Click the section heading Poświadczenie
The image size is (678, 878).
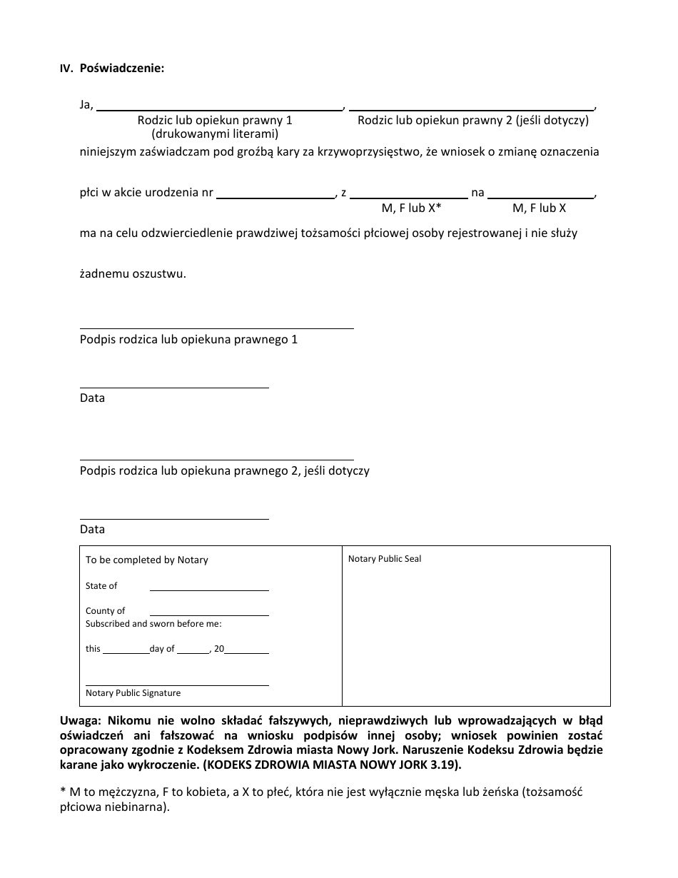pos(122,69)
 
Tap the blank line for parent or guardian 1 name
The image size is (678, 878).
pos(219,109)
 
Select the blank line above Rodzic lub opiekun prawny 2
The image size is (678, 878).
pos(472,109)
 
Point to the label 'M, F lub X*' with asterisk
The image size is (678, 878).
pos(412,208)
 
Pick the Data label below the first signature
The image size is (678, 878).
pos(92,398)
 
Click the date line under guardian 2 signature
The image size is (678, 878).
pos(174,518)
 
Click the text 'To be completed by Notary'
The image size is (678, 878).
pos(147,560)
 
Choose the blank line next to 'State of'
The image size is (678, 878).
pos(209,590)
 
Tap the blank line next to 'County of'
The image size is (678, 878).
pos(209,615)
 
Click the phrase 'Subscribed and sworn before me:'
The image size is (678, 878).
pos(153,624)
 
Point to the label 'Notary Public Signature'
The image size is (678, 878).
pos(133,693)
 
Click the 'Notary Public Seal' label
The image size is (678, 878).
pos(385,559)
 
